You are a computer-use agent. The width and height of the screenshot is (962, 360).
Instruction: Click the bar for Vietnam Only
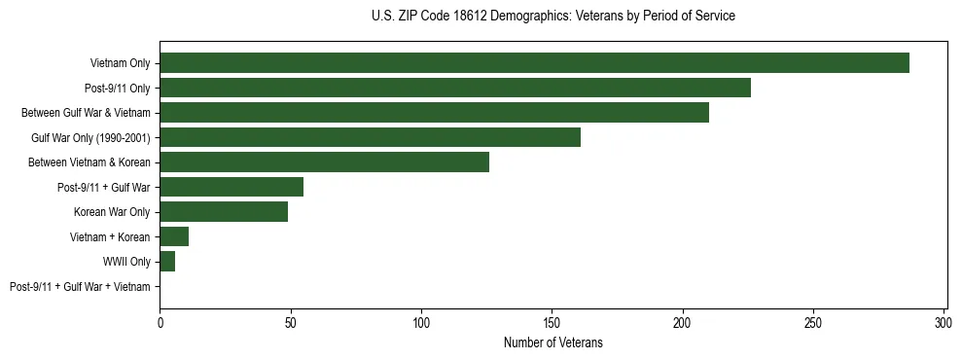pos(534,63)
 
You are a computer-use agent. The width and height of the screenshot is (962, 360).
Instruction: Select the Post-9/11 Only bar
pos(455,88)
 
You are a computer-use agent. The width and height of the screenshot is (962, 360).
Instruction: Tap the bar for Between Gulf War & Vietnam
pos(434,113)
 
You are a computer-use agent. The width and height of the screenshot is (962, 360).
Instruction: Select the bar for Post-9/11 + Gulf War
pos(232,187)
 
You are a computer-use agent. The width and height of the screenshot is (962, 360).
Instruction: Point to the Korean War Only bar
pos(224,212)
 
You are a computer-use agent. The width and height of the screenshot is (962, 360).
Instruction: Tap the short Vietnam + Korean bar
pos(174,236)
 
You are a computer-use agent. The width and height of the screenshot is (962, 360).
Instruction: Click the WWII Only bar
pos(167,262)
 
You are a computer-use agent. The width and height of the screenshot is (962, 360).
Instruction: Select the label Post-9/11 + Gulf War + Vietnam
pos(80,287)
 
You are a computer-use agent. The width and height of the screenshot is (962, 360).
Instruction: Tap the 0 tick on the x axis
pos(160,322)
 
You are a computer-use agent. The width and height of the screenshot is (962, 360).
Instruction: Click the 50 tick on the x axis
pos(291,322)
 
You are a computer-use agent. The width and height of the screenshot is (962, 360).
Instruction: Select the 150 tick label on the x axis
pos(552,322)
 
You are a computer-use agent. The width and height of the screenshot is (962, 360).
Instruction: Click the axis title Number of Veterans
pos(552,342)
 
